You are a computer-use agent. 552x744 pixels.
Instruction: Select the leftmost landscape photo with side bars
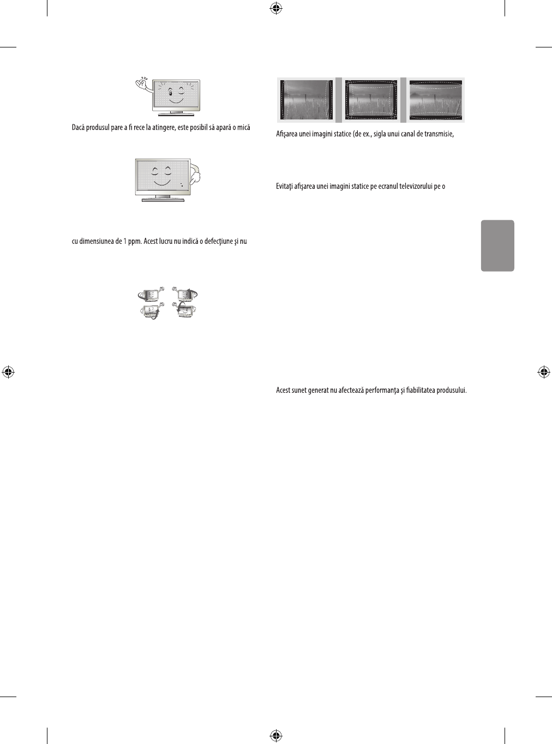[x=306, y=100]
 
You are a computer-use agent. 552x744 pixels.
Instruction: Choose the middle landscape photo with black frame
[x=371, y=100]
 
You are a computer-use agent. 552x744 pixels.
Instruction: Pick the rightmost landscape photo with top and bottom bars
[x=436, y=100]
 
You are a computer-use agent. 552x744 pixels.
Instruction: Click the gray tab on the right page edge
[x=497, y=245]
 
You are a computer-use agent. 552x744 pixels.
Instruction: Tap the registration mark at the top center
[x=276, y=8]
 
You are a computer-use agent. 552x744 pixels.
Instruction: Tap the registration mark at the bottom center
[x=276, y=736]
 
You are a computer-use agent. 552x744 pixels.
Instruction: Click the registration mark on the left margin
[x=8, y=372]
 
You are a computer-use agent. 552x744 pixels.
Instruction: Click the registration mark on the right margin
[x=543, y=372]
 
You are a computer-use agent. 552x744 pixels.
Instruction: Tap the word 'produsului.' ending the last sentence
[x=452, y=391]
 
